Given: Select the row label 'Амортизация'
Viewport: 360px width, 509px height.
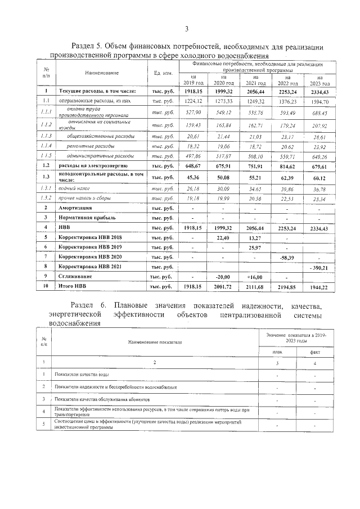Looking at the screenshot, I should (x=76, y=208).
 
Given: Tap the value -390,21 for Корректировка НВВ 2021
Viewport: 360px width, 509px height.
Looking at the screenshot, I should (x=319, y=268).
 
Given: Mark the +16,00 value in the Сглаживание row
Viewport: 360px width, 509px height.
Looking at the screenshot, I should (x=255, y=277).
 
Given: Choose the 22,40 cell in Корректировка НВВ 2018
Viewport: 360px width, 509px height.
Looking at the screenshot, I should (x=224, y=238).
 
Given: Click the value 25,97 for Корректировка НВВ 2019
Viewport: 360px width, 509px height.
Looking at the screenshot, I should (x=255, y=247).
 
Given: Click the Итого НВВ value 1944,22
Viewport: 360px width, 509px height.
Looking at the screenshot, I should (x=319, y=287).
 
